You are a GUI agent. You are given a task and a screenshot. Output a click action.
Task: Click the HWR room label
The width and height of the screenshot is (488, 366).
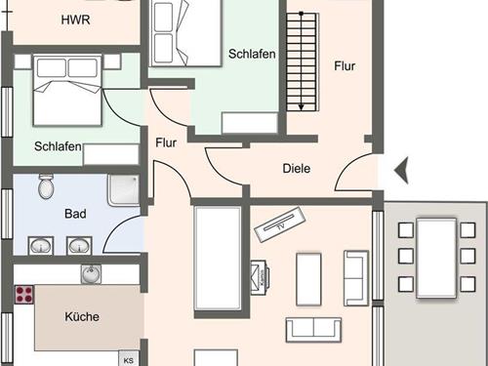(x=75, y=20)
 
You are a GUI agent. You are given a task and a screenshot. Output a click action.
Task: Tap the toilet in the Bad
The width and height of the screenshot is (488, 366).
(x=46, y=186)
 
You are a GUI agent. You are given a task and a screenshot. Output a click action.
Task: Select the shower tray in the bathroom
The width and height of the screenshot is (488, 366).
(x=124, y=190)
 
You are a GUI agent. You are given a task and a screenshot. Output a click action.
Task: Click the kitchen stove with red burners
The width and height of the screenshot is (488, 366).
(x=24, y=295)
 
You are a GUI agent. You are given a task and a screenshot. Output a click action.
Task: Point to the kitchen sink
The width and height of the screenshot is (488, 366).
(x=91, y=274)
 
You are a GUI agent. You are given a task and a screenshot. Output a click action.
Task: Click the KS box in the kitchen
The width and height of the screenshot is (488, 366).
(x=129, y=358)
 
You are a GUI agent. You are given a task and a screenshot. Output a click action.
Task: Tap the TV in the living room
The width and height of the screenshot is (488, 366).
(x=280, y=224)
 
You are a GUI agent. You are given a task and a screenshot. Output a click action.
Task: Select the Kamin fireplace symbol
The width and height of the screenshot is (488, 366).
(x=260, y=277)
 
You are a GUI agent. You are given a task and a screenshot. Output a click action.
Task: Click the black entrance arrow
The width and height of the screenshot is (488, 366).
(x=401, y=170)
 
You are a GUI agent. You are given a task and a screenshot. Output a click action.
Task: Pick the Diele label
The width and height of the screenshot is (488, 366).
(x=297, y=169)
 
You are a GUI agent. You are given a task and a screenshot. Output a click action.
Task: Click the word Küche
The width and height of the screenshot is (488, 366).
(x=82, y=316)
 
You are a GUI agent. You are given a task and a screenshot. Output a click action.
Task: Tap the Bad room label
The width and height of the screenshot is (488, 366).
(x=75, y=214)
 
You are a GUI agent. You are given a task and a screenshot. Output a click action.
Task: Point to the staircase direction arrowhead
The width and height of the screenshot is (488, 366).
(x=302, y=106)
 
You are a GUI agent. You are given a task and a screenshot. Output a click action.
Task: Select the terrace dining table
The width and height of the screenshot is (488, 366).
(x=436, y=259)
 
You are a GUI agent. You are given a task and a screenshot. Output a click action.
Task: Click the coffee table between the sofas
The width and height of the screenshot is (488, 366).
(x=308, y=279)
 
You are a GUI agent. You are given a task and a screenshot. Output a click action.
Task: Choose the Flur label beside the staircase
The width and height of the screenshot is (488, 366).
(x=345, y=66)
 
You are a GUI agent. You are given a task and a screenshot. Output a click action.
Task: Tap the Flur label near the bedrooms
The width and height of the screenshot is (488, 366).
(x=166, y=142)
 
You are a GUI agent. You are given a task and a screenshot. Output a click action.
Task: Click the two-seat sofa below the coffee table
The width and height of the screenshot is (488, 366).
(x=313, y=330)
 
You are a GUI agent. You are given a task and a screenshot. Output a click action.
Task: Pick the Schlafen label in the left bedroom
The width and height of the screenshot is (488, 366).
(x=58, y=146)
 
